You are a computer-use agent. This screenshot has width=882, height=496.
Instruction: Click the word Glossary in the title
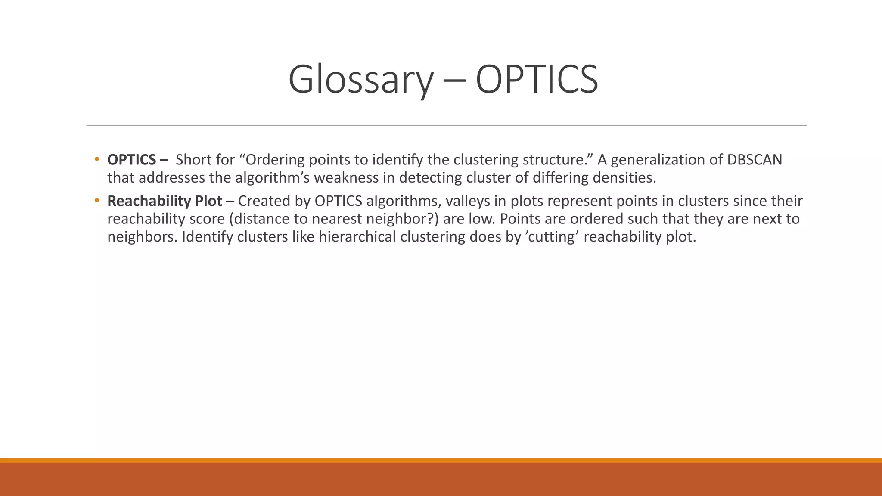click(x=360, y=80)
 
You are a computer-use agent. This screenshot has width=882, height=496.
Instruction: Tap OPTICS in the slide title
click(x=537, y=80)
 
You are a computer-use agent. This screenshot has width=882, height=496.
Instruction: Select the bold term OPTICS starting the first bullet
click(x=131, y=160)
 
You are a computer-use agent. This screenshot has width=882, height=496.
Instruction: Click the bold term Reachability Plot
click(x=165, y=201)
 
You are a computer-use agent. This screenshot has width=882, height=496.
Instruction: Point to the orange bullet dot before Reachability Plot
click(x=97, y=200)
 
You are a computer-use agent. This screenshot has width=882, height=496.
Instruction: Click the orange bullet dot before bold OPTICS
click(x=97, y=159)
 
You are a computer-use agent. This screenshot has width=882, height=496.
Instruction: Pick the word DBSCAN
click(x=755, y=160)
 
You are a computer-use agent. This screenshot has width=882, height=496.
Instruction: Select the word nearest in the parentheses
click(x=336, y=219)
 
